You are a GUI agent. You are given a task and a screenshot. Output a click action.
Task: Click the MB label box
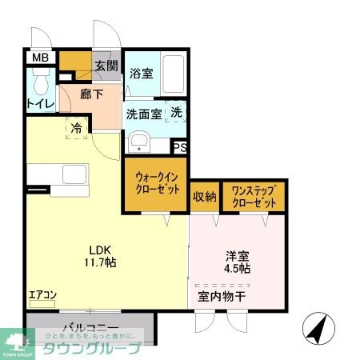point(39,58)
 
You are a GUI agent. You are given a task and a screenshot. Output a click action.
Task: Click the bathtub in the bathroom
point(172,74)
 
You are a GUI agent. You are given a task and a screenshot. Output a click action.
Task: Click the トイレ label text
point(40,104)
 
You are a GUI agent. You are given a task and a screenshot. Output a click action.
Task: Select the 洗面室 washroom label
point(145,114)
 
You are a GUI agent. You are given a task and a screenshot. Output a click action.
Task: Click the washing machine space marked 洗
point(176,113)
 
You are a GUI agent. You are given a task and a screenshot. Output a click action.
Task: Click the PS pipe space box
point(181,146)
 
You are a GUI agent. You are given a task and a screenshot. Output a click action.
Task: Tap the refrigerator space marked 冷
point(77,128)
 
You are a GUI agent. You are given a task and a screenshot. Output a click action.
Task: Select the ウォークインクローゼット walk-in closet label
point(155,183)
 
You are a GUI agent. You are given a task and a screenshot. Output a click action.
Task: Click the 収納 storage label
point(204,197)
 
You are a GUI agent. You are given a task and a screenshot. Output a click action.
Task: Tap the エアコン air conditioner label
point(42,295)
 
